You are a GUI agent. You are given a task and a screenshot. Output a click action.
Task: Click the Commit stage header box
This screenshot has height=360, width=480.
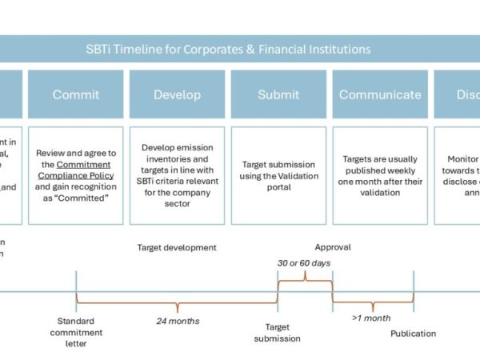[76, 94]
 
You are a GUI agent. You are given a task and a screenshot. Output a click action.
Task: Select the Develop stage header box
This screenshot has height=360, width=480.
[177, 94]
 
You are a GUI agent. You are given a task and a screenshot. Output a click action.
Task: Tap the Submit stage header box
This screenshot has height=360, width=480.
[278, 94]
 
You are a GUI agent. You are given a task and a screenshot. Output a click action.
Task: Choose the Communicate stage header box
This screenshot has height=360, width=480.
[380, 94]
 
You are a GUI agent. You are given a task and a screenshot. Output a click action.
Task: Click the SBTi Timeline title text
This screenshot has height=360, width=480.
[239, 49]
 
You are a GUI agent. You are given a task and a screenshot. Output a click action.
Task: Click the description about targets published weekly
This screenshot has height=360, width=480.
[380, 175]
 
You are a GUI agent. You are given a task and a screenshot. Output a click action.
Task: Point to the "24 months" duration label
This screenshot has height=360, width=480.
[178, 322]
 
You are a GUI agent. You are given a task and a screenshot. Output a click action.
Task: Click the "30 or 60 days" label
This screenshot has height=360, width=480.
[304, 263]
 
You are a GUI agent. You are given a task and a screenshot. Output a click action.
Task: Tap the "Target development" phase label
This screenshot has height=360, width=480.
[177, 247]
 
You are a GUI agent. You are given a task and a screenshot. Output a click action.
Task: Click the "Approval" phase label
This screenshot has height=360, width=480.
[332, 247]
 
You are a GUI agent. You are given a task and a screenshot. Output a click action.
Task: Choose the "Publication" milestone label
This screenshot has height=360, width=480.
[414, 333]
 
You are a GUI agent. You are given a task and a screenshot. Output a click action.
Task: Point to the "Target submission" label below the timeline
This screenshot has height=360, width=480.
[278, 332]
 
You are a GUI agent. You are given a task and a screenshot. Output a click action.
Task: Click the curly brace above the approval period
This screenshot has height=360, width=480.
[304, 276]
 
